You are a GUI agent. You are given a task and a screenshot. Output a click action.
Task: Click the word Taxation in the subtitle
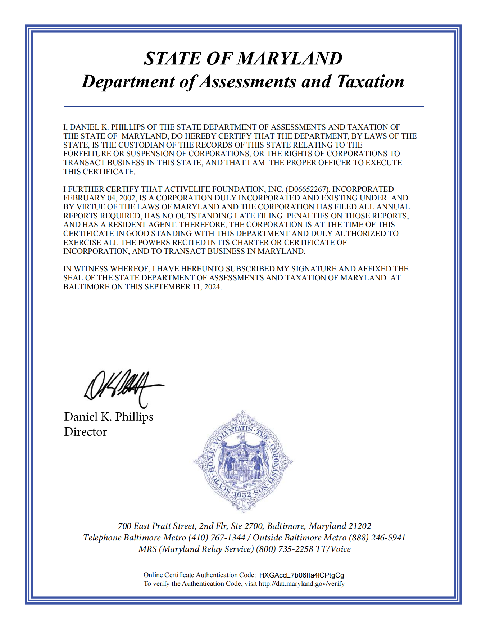370,82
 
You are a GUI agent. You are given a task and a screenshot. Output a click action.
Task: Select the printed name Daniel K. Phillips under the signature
109,417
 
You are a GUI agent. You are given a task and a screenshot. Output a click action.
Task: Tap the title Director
85,432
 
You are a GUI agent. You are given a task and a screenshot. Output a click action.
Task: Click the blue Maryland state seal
243,461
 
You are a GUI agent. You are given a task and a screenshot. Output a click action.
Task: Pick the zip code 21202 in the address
359,526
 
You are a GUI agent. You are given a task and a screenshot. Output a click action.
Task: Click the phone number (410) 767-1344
217,538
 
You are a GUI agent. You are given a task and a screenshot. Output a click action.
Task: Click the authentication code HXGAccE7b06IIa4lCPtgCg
301,575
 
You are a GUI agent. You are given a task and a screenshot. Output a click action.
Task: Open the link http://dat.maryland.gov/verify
301,584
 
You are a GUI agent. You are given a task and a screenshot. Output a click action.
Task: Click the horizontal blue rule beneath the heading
244,106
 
